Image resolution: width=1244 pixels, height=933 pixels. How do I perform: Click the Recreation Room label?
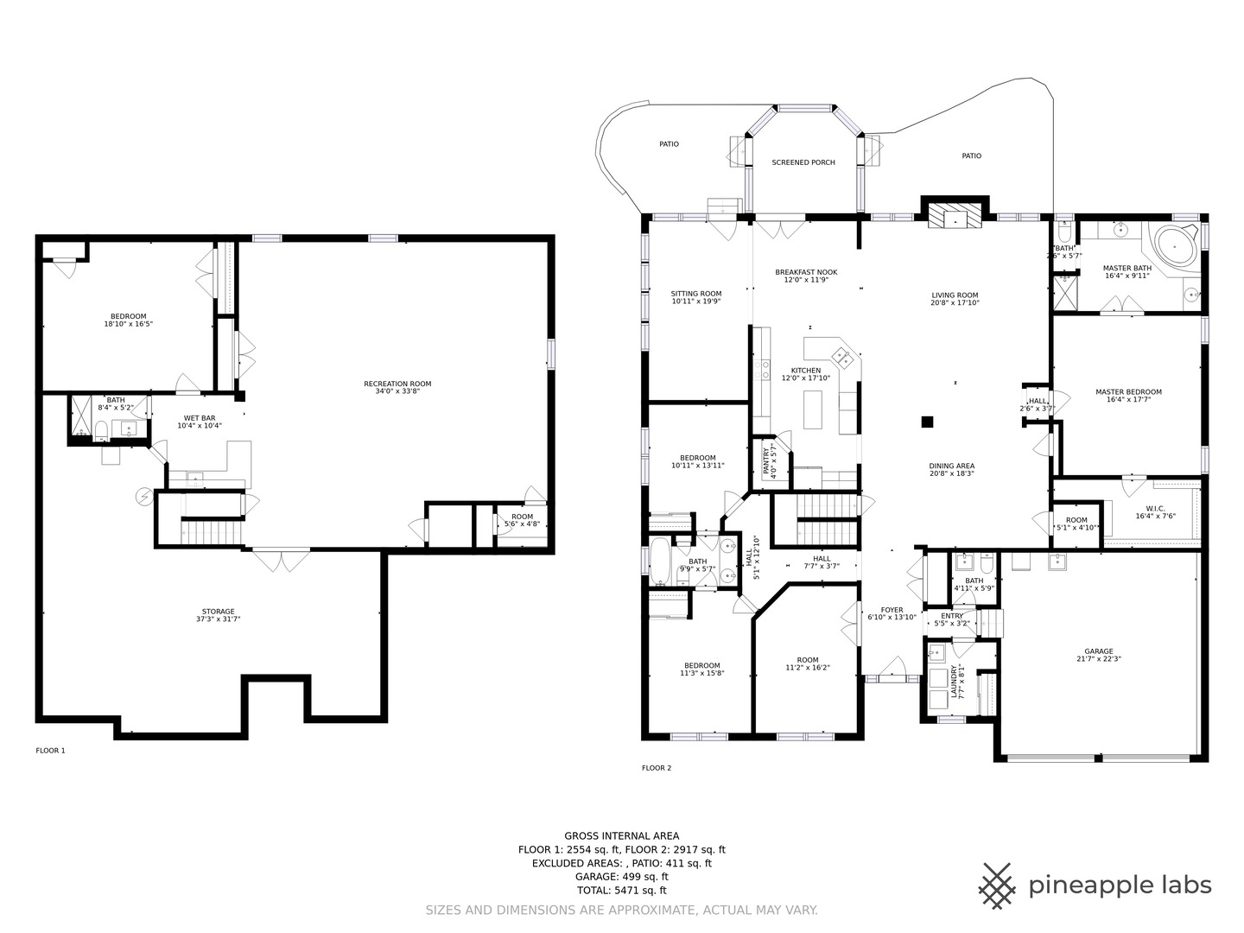[397, 384]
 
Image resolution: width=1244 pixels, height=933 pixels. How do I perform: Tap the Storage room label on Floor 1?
[219, 612]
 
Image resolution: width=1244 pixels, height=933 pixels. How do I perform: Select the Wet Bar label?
[200, 418]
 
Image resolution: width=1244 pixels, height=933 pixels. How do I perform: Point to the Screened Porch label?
[803, 162]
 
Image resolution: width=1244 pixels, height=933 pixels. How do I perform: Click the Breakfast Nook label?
[806, 272]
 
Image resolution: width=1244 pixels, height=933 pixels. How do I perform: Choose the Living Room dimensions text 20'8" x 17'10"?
[955, 302]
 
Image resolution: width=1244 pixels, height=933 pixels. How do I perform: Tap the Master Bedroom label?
[1128, 391]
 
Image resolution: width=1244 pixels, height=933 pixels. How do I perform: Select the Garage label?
[1099, 651]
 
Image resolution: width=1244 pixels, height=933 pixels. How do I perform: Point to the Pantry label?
[765, 460]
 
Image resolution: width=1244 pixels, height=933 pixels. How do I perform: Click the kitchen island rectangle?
[813, 409]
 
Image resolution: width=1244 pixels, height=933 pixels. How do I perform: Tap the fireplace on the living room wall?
[955, 214]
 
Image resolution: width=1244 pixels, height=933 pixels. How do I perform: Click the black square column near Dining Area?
[927, 422]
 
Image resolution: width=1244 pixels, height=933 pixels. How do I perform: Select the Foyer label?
[892, 610]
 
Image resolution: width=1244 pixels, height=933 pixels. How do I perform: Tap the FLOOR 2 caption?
[657, 768]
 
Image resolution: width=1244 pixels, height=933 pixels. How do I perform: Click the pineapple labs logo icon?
[998, 885]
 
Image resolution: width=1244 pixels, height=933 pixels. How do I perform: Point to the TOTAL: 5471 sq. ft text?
[622, 890]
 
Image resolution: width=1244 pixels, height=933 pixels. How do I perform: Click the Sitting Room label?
[696, 294]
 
